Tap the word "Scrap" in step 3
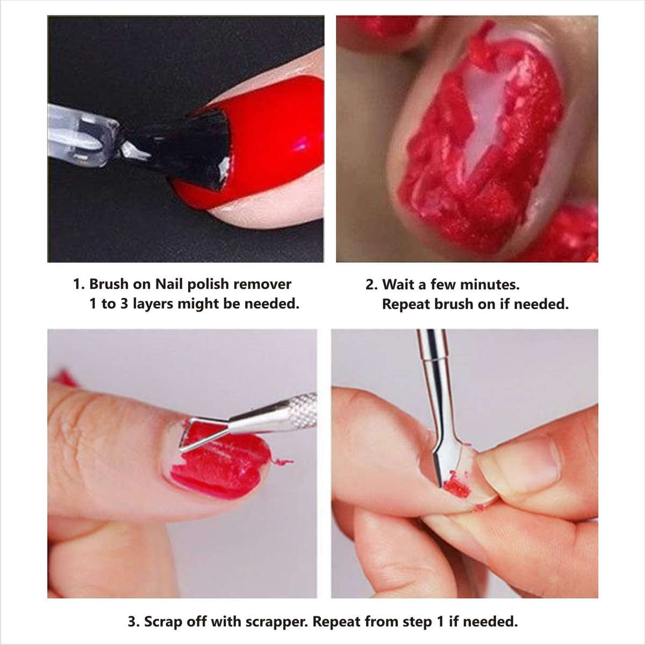pos(163,622)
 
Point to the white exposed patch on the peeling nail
pos(484,124)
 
